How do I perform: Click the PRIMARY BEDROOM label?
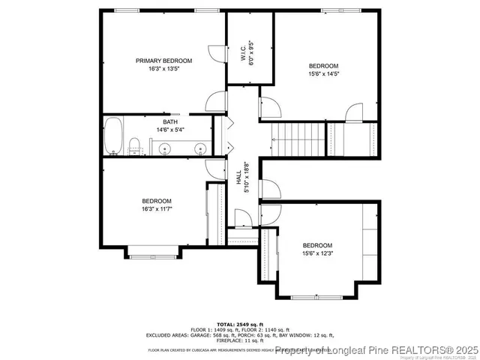pyautogui.click(x=163, y=61)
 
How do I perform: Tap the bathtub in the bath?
pyautogui.click(x=113, y=136)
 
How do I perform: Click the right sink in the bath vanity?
pyautogui.click(x=200, y=148)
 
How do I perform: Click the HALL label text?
pyautogui.click(x=239, y=178)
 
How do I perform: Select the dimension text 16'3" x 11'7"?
pyautogui.click(x=157, y=209)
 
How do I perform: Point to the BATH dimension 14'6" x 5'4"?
pyautogui.click(x=170, y=130)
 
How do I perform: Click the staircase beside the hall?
pyautogui.click(x=298, y=139)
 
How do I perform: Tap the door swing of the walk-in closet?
pyautogui.click(x=215, y=53)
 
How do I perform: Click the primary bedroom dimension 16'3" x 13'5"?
pyautogui.click(x=163, y=69)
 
